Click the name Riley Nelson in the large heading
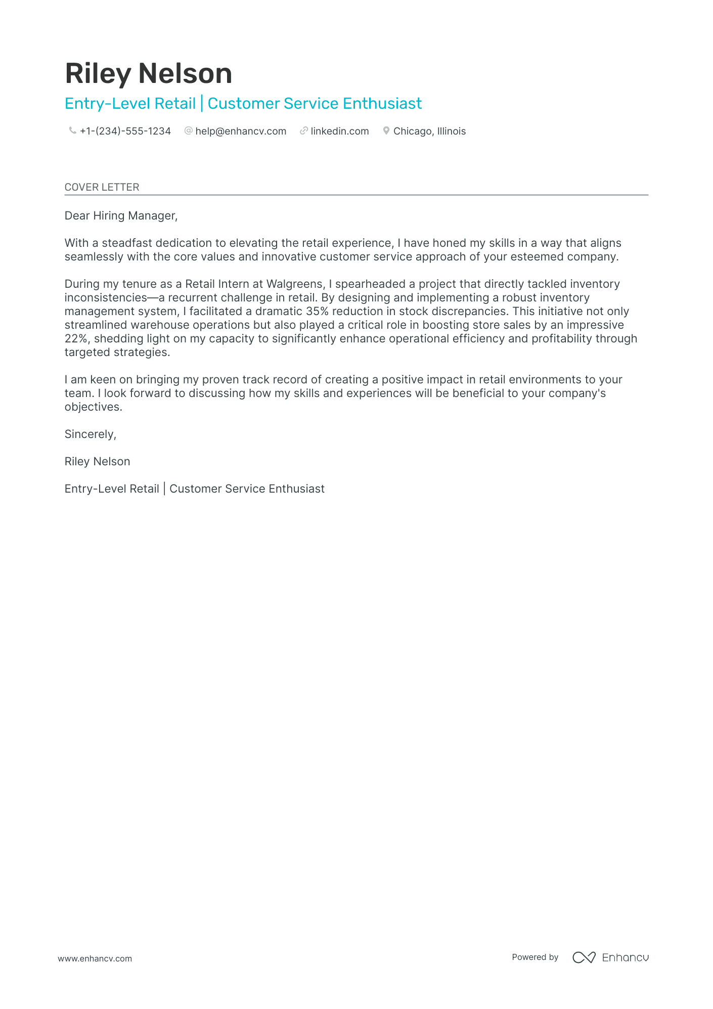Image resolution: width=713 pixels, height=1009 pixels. tap(148, 73)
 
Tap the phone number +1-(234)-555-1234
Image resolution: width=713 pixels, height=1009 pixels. tap(125, 131)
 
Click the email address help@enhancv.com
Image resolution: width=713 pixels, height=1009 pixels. tap(241, 131)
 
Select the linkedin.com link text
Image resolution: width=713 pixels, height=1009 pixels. tap(339, 131)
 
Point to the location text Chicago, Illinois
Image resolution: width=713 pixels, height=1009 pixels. tap(429, 131)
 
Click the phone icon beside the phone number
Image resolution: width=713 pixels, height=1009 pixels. tap(72, 131)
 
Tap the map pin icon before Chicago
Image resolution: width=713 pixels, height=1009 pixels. tap(386, 131)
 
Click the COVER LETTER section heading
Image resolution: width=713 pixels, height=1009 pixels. tap(102, 187)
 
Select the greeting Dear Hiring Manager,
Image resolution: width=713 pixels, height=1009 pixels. tap(121, 215)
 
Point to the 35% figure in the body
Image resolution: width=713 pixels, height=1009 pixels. tap(317, 311)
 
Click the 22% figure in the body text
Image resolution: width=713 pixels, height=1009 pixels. tap(76, 338)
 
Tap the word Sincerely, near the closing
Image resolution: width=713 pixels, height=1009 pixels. tap(90, 434)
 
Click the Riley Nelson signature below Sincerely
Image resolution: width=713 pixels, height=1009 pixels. tap(97, 461)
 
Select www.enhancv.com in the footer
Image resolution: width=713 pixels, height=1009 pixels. tap(95, 958)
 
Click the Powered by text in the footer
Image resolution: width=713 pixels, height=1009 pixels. tap(534, 957)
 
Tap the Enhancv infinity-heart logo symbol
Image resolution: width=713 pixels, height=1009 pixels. tap(584, 957)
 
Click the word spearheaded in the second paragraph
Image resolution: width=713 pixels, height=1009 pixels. tap(370, 284)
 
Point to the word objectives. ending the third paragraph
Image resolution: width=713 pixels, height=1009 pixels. tap(93, 407)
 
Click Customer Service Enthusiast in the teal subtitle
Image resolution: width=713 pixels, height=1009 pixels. tap(315, 103)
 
